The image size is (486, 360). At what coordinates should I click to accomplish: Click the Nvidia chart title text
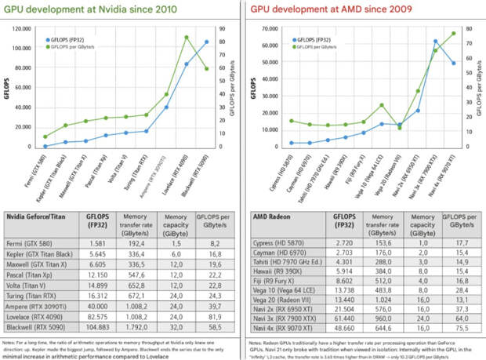pos(90,9)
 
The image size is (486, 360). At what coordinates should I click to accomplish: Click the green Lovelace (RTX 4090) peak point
pos(187,37)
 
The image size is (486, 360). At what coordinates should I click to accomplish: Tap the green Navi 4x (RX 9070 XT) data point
pos(453,34)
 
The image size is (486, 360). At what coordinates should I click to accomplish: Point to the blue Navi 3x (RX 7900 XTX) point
pos(436,41)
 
